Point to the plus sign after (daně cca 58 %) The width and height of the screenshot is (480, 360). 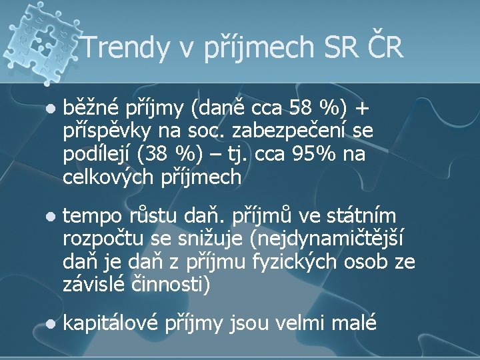(362, 108)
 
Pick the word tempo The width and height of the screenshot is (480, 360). (89, 217)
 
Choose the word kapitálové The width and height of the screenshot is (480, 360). (111, 324)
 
